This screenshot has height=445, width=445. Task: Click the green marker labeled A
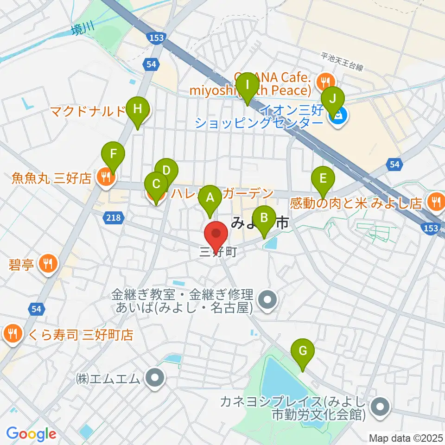tap(210, 199)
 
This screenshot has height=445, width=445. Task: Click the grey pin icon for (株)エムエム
tap(155, 378)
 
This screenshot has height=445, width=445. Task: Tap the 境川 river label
tap(83, 30)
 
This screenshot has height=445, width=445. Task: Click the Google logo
tap(32, 434)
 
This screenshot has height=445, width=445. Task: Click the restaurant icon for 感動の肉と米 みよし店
tap(436, 201)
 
